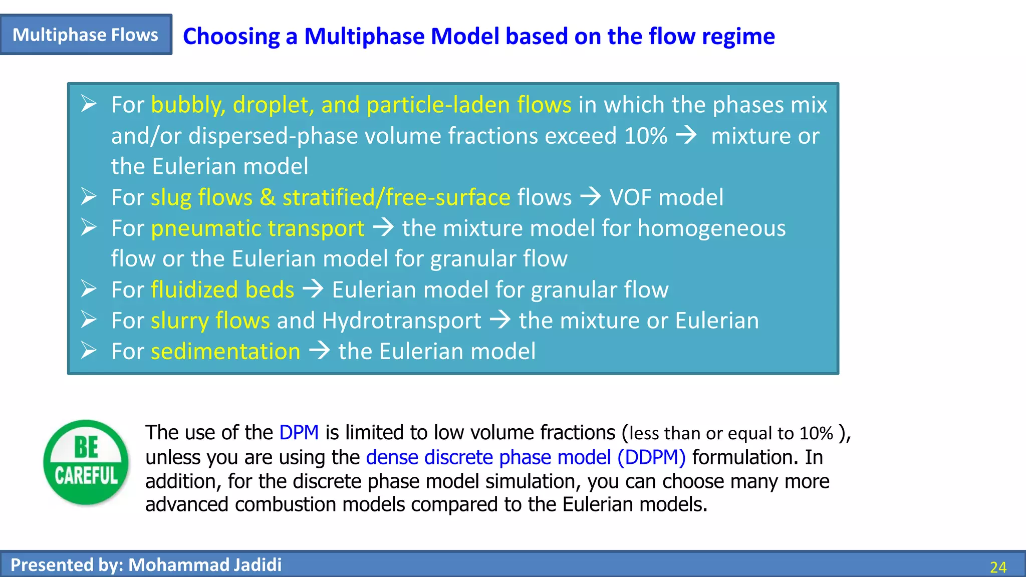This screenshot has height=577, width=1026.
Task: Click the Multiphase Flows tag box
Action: pyautogui.click(x=86, y=35)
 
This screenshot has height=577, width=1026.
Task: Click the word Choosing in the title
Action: pyautogui.click(x=231, y=37)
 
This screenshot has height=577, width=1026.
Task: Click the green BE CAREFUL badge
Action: pyautogui.click(x=86, y=462)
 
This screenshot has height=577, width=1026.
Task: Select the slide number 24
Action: pyautogui.click(x=998, y=567)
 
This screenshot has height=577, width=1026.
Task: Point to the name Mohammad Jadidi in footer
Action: pyautogui.click(x=205, y=565)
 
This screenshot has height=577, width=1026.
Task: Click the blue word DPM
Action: pyautogui.click(x=299, y=432)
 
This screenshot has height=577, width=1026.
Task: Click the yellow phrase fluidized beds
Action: pyautogui.click(x=222, y=290)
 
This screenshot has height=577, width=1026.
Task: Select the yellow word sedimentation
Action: pyautogui.click(x=225, y=351)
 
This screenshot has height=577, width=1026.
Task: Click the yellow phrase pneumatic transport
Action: pyautogui.click(x=258, y=228)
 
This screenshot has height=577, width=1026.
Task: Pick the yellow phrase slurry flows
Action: pyautogui.click(x=210, y=321)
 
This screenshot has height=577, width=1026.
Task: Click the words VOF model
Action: pyautogui.click(x=666, y=197)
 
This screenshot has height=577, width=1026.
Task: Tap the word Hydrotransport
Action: pyautogui.click(x=402, y=321)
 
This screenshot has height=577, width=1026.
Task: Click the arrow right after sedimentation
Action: pyautogui.click(x=319, y=350)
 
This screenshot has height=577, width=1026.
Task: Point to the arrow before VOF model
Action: pyautogui.click(x=590, y=196)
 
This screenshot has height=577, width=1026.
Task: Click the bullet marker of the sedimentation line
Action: pyautogui.click(x=89, y=351)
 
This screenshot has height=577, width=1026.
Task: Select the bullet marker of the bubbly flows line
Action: pyautogui.click(x=89, y=104)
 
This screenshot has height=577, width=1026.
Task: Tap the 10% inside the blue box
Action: pyautogui.click(x=645, y=136)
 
